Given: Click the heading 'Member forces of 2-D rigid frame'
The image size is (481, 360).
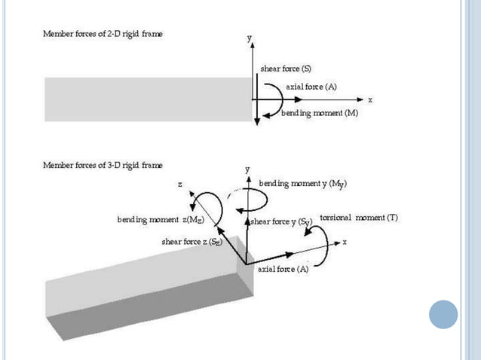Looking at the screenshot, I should coord(102,35).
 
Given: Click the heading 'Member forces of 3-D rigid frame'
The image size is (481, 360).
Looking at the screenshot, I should coord(102,164).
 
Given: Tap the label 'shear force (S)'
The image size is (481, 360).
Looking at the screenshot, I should coord(286,69).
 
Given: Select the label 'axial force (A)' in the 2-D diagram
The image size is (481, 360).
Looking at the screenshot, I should coord(311,87).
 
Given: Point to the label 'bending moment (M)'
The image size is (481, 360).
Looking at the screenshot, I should coord(319,113).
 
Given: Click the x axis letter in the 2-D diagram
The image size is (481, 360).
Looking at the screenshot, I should coord(370,99).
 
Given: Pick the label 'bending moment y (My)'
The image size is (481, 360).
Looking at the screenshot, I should coord(302,183).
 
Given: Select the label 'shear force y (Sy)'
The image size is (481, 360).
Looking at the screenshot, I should coord(280,221).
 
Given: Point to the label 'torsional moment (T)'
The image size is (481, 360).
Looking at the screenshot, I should coord(359,218).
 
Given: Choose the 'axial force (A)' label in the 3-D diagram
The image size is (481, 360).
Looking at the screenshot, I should coord(282,269).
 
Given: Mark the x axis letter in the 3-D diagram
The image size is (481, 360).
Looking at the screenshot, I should coord(345,242).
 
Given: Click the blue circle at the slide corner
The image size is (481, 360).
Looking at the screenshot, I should coord(443,314).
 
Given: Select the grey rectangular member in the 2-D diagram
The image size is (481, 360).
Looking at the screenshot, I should coord(147,99).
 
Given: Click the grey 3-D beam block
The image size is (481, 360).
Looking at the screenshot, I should coord(143,290).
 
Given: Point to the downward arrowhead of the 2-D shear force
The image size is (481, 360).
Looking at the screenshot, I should coord(257,121).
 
